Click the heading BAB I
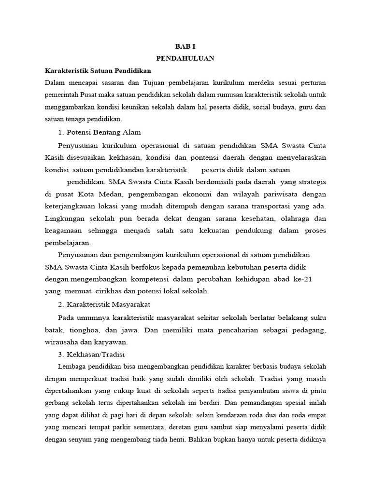[x=185, y=46]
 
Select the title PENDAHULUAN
[x=185, y=58]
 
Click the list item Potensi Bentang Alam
[x=99, y=132]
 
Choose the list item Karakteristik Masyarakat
[x=105, y=304]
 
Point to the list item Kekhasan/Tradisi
[x=93, y=354]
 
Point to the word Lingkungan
[x=66, y=219]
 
